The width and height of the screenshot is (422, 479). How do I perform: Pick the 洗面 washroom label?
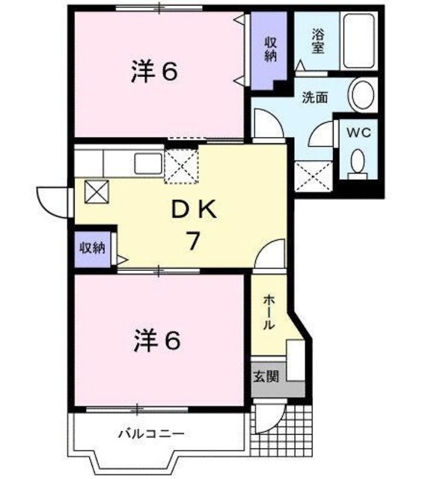coord(314,97)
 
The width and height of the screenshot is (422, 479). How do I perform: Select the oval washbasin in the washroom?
coord(363,97)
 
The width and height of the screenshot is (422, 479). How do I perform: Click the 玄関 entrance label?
coord(268,376)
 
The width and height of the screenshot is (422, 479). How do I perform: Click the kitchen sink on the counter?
coord(147,162)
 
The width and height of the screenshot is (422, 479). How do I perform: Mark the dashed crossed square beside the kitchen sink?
coord(180,165)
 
